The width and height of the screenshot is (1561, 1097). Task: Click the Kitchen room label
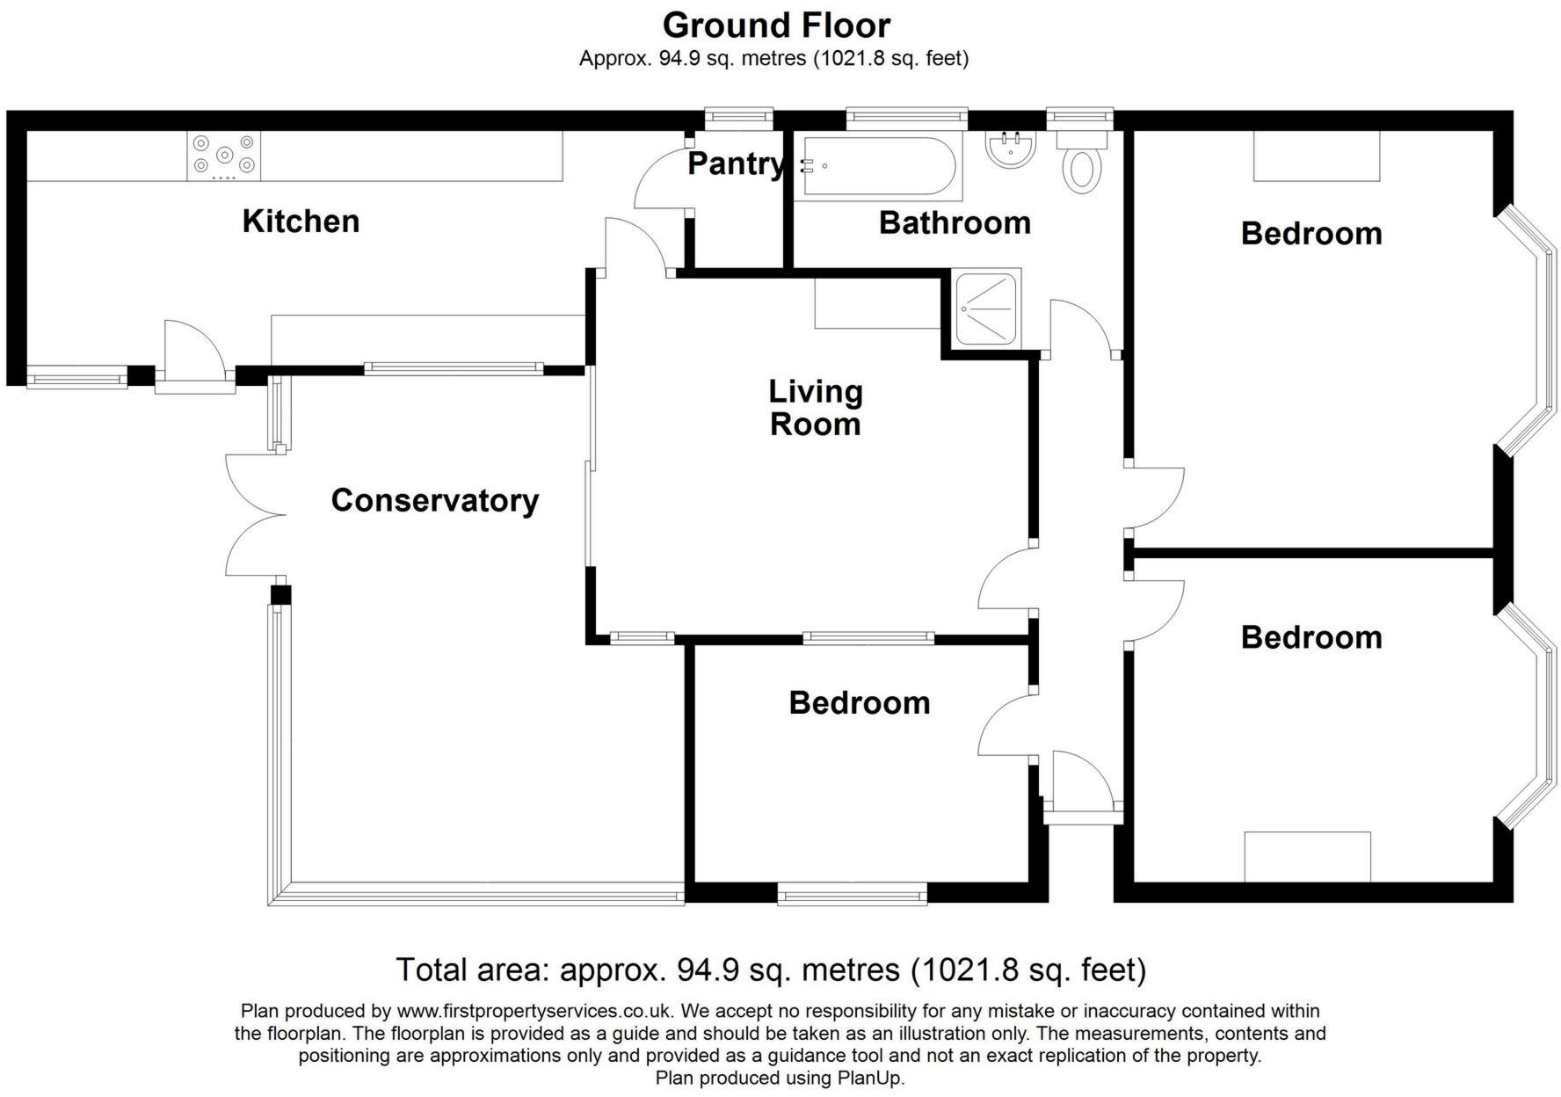point(301,221)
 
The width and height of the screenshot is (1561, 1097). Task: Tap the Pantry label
point(736,163)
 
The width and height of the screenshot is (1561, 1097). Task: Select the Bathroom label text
point(955,222)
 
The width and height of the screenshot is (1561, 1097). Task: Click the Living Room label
point(816,408)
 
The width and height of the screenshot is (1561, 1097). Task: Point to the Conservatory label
point(435,500)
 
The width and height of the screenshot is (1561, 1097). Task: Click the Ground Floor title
point(777,25)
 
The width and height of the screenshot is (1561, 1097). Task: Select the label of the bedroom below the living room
point(860,702)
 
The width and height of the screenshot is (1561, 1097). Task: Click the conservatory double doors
point(255,515)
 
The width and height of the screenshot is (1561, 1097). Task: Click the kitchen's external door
point(194,358)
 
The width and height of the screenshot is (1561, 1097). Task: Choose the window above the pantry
point(740,117)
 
